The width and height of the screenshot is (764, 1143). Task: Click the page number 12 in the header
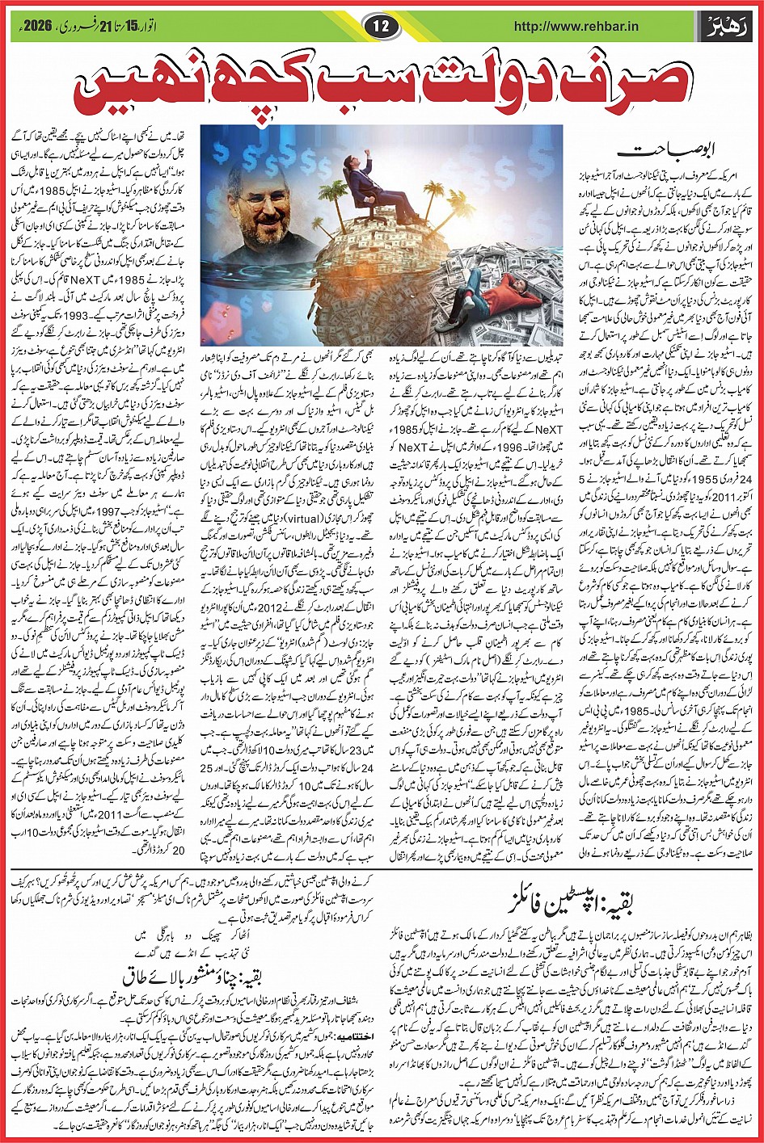tap(382, 26)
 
